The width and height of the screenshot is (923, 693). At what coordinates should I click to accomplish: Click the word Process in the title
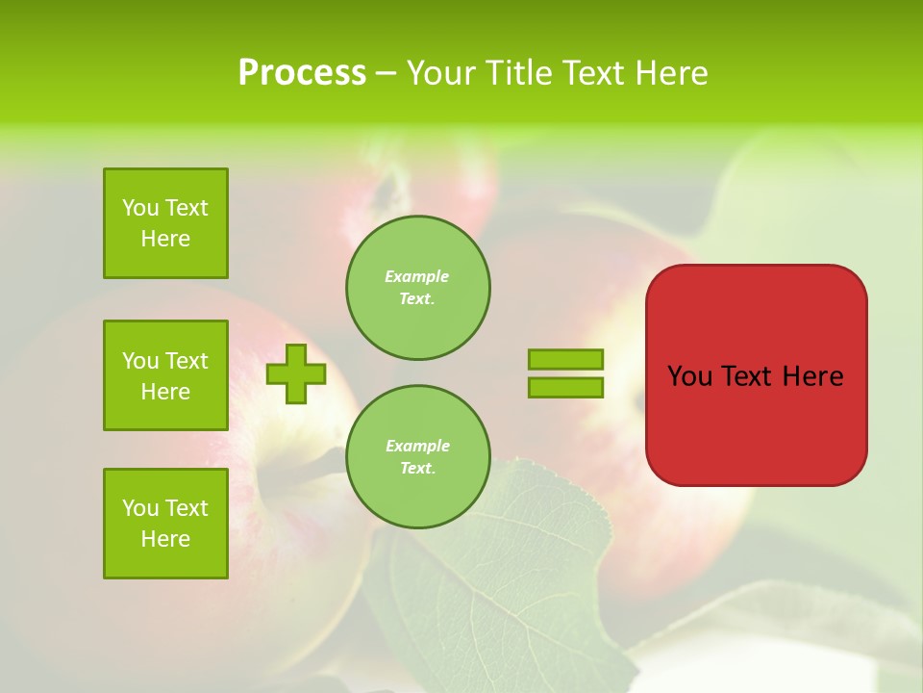coord(302,73)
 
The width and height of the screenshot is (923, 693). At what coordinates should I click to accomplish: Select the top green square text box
coord(165,223)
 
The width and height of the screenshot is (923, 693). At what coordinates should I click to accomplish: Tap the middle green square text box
coord(165,375)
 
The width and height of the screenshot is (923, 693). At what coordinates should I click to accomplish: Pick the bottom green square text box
coord(165,524)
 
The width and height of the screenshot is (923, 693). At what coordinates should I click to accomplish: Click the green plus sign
coord(296,373)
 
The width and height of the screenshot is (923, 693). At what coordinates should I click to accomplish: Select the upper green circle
coord(418,288)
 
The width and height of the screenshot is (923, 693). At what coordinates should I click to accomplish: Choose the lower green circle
coord(418,457)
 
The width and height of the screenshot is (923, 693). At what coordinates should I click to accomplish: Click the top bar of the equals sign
coord(565,359)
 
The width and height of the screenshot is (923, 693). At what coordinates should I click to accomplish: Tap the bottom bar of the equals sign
coord(565,387)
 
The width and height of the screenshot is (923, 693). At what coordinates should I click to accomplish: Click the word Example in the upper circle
coord(417,276)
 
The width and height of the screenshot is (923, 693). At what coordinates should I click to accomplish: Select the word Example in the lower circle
coord(417,446)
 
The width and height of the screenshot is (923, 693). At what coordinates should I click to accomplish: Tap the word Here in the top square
coord(165,239)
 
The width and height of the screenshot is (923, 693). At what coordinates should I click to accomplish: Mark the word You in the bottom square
coord(140,508)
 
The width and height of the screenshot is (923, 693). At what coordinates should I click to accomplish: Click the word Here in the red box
coord(812,376)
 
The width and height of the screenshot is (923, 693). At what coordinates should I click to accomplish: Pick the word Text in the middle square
coord(186,361)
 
